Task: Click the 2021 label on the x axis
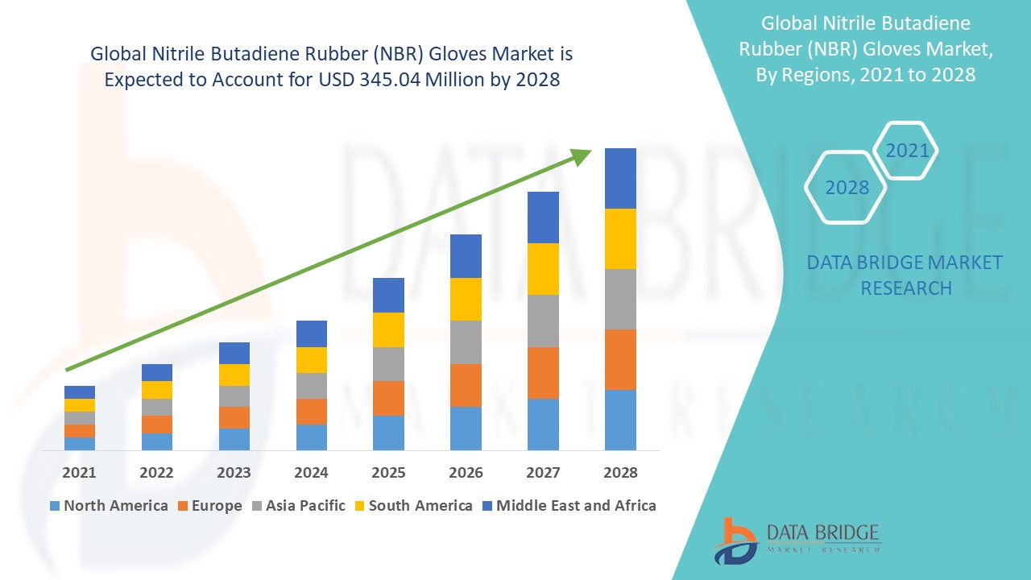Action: pyautogui.click(x=79, y=472)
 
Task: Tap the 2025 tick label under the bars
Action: pyautogui.click(x=388, y=472)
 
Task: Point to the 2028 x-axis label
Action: pyautogui.click(x=620, y=472)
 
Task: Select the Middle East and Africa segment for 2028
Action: pyautogui.click(x=620, y=178)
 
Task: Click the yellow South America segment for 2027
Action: pyautogui.click(x=543, y=269)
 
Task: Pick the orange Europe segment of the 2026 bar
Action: pyautogui.click(x=466, y=385)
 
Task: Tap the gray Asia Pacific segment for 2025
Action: pyautogui.click(x=388, y=364)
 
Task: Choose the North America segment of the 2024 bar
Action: pyautogui.click(x=311, y=437)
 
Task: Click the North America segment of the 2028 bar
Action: pyautogui.click(x=620, y=420)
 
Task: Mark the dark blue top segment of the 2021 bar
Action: pyautogui.click(x=79, y=392)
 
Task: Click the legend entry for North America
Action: pyautogui.click(x=109, y=506)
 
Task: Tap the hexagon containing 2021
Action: pyautogui.click(x=906, y=151)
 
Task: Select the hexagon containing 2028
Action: pyautogui.click(x=846, y=188)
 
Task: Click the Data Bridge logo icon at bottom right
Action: pyautogui.click(x=735, y=540)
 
